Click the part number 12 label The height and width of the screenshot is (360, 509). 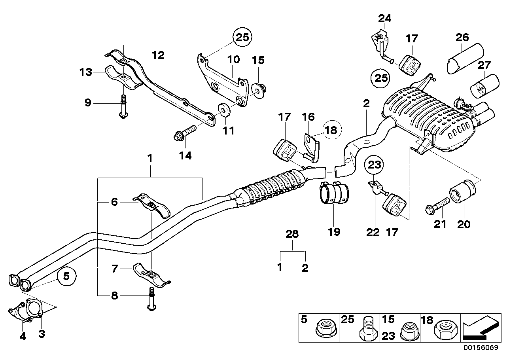(x=157, y=55)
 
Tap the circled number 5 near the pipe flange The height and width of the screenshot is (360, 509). (x=66, y=277)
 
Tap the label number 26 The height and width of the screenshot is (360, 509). (x=462, y=38)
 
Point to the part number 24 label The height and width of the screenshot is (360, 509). (x=384, y=18)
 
